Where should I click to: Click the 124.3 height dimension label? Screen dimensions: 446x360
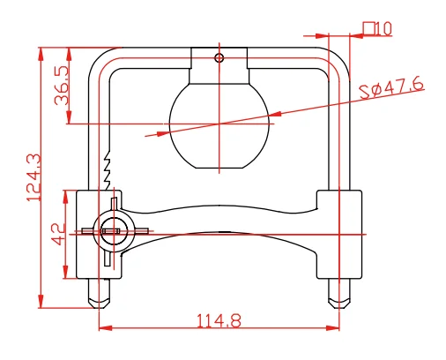click(33, 177)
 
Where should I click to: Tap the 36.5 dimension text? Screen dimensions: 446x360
click(62, 85)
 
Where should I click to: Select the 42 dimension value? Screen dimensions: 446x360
click(58, 234)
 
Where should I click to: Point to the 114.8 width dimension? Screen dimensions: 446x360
click(219, 320)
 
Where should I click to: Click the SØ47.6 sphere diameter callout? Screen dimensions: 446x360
click(392, 87)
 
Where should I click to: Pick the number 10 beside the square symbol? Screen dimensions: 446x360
click(383, 29)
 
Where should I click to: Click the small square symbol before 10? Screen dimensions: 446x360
click(368, 28)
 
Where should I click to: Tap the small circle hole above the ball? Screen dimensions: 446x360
click(219, 57)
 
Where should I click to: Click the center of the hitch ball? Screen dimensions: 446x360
click(219, 124)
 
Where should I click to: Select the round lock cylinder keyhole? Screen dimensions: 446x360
click(113, 231)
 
